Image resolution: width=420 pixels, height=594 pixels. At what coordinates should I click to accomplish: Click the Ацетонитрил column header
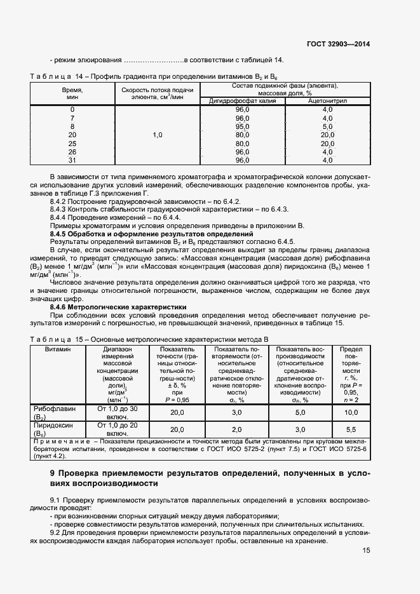point(327,101)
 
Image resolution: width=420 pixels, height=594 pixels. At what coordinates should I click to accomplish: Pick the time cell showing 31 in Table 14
point(72,161)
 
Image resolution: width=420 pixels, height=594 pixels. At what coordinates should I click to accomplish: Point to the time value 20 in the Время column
point(72,135)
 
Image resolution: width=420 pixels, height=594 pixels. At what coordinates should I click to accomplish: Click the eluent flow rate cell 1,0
point(157,135)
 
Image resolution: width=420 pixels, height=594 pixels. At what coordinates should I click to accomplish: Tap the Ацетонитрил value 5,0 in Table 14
point(327,126)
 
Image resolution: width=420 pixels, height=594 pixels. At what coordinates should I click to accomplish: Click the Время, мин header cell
point(72,94)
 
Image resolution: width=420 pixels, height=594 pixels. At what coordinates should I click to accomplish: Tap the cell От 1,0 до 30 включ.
point(118,412)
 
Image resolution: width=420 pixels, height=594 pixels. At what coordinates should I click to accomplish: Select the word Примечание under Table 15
point(59,441)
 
